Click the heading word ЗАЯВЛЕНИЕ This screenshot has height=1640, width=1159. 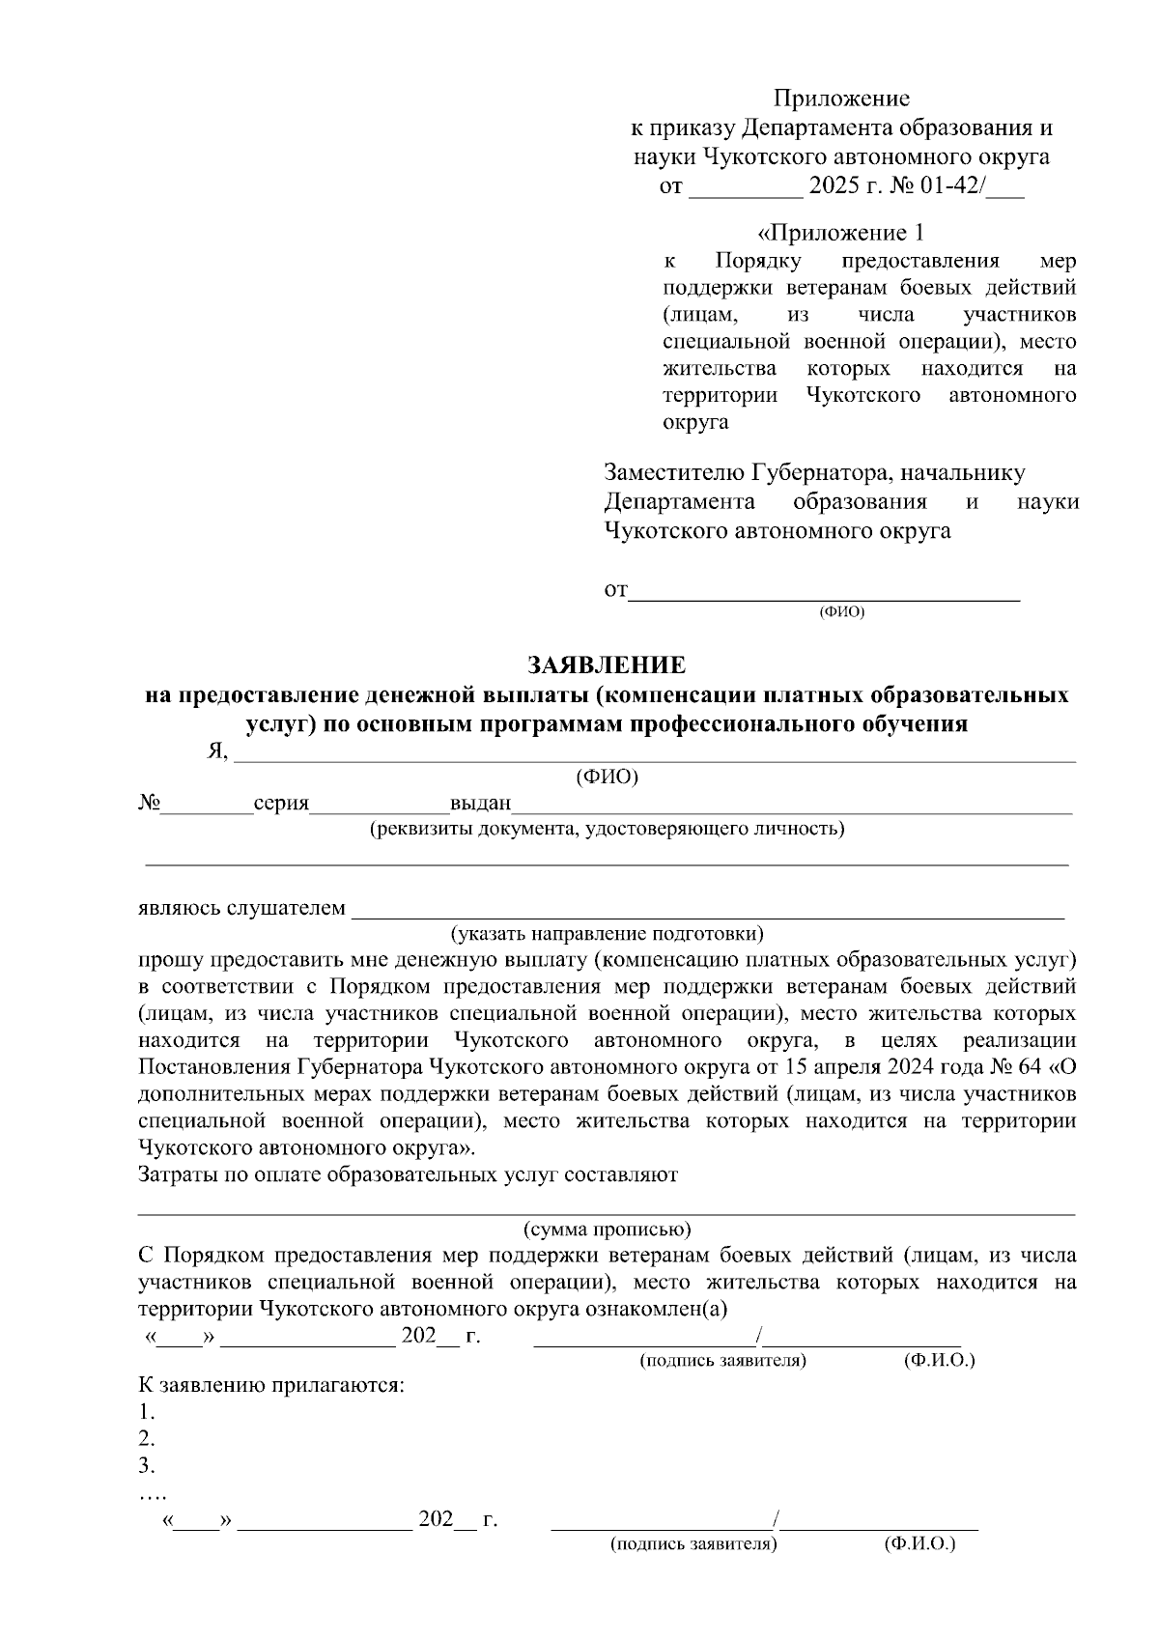coord(606,665)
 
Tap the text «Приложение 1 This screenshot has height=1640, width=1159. coord(840,233)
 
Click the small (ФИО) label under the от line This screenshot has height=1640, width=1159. coord(840,612)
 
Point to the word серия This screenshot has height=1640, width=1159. coord(281,804)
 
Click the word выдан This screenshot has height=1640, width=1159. coord(480,804)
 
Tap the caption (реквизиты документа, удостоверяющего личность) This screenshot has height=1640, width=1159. coord(608,829)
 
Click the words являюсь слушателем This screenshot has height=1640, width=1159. coord(241,908)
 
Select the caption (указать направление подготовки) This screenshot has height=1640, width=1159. coord(607,934)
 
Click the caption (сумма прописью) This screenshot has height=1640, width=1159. coord(607,1230)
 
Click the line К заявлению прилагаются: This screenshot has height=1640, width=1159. coord(271,1385)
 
